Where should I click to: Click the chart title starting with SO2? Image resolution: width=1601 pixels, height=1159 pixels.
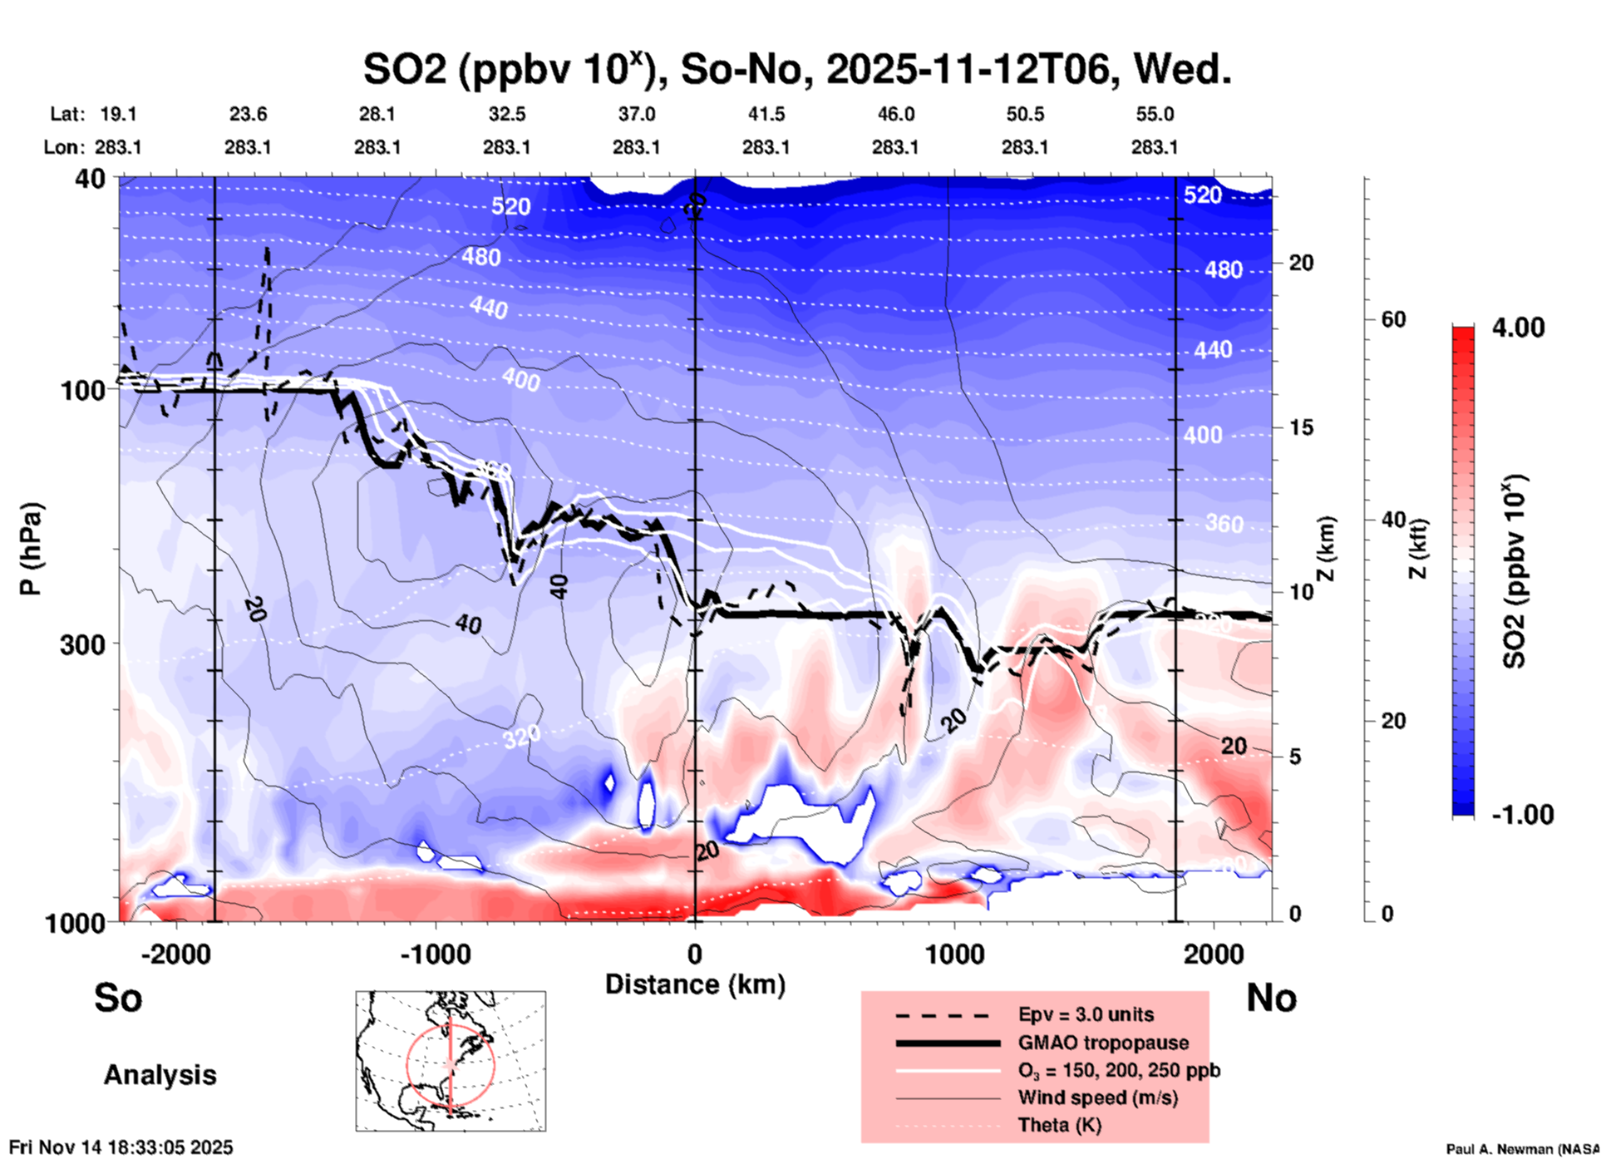796,70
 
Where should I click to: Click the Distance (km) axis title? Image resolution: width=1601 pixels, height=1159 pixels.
695,984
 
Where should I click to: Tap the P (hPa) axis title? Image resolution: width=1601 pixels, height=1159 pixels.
31,549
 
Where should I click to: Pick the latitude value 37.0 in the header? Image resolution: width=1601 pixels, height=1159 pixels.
636,114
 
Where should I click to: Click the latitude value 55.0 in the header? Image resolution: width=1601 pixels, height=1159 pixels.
1155,114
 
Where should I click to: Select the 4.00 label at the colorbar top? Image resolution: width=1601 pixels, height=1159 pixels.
1518,328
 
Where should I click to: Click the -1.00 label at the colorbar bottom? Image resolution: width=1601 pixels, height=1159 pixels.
1522,815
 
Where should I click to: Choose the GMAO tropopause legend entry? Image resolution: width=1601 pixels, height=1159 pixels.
1103,1043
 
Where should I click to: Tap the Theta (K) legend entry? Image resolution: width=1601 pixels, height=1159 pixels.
1060,1125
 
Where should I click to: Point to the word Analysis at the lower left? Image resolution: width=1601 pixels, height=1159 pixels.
160,1075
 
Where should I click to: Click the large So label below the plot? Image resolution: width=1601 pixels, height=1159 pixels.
118,998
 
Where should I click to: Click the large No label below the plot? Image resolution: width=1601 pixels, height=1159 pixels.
1271,998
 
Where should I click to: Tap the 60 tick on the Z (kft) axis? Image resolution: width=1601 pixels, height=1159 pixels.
1393,320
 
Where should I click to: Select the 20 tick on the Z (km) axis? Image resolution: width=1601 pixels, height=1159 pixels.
1301,264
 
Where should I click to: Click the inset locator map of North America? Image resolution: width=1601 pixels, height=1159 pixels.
451,1061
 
